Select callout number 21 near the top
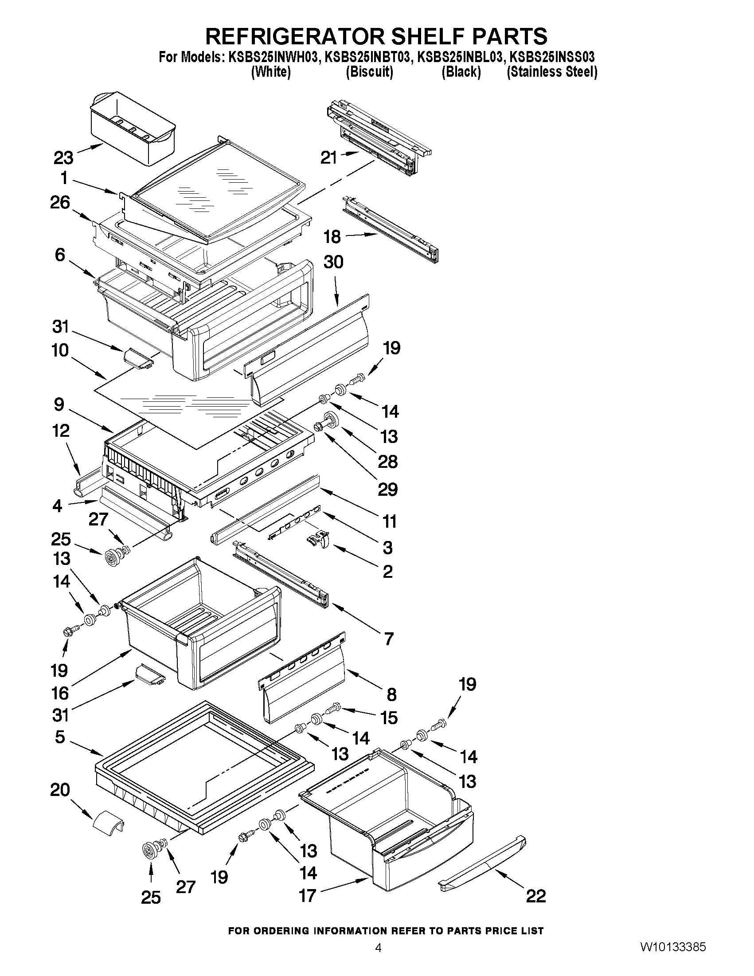(329, 158)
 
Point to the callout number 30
(333, 262)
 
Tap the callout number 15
(389, 718)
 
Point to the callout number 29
(387, 490)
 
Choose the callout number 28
(387, 462)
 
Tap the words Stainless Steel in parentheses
(552, 71)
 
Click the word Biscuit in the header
(369, 71)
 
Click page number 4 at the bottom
(378, 957)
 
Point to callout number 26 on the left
(60, 203)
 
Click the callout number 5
(60, 737)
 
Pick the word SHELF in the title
(428, 36)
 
